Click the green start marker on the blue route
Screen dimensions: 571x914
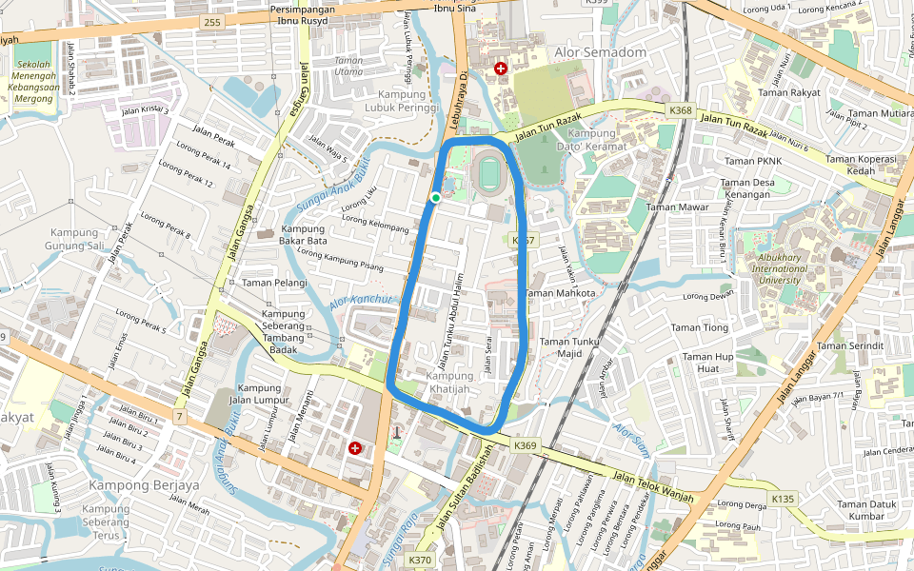[435, 197]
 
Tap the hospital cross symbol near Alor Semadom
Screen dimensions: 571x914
[501, 69]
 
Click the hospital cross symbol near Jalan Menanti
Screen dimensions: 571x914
[355, 447]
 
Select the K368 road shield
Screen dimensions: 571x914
[681, 110]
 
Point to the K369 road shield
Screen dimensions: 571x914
[526, 444]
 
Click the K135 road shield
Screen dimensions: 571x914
[783, 499]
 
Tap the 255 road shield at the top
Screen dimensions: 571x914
[211, 21]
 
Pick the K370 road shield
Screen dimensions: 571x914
[420, 561]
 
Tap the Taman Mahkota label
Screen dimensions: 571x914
[561, 293]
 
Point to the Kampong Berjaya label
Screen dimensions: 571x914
[144, 484]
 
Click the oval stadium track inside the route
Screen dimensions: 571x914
[489, 175]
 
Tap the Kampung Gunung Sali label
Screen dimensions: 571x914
[75, 239]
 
